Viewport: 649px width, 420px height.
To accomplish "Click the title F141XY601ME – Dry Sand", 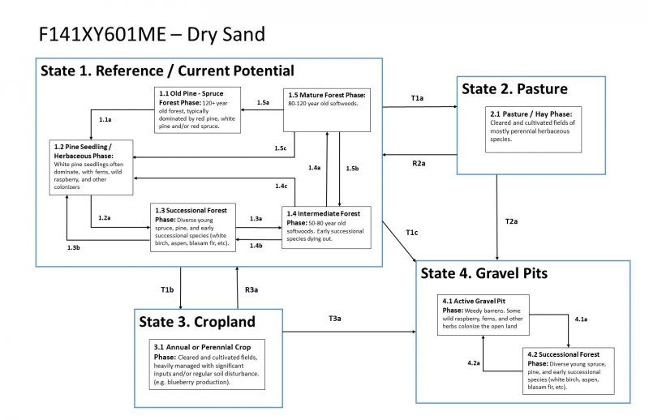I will point(151,36).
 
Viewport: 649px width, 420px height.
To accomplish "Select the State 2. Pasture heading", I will point(515,88).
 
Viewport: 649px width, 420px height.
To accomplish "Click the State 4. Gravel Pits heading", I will point(484,273).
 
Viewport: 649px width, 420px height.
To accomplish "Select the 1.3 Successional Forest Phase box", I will point(193,227).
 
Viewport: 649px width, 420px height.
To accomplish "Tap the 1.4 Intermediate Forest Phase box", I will point(326,228).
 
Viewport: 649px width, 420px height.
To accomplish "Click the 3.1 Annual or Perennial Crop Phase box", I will point(208,366).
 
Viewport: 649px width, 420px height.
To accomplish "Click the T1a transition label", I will point(417,97).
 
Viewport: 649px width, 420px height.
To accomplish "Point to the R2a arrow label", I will point(419,163).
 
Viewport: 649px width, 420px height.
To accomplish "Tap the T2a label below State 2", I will point(512,221).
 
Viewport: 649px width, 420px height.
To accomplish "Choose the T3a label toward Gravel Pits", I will point(334,318).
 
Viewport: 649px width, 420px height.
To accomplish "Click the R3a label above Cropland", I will point(251,289).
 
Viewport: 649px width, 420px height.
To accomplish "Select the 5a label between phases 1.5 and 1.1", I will point(263,103).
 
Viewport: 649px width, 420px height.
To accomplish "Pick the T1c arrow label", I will point(412,234).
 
